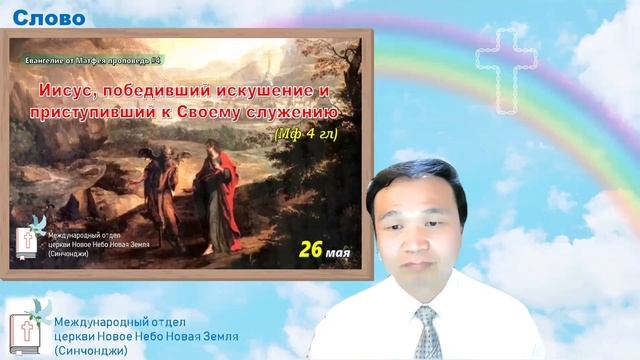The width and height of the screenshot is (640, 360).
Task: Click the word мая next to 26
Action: pyautogui.click(x=338, y=249)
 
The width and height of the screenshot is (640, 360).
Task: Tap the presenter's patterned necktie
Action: pyautogui.click(x=428, y=331)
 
